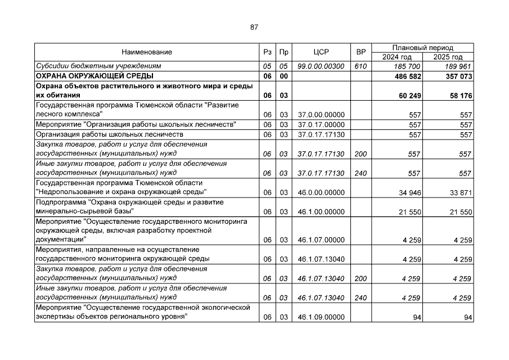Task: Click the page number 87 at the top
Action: (254, 27)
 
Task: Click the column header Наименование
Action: (146, 52)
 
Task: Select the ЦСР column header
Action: (321, 52)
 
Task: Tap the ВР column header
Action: (361, 52)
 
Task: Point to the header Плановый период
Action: (422, 48)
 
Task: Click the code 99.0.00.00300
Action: (321, 66)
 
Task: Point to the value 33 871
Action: (462, 192)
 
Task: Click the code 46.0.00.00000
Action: (321, 192)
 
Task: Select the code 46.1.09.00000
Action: (321, 318)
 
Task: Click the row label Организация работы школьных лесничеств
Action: (110, 134)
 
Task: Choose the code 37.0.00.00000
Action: (321, 115)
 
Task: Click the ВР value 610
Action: (361, 66)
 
